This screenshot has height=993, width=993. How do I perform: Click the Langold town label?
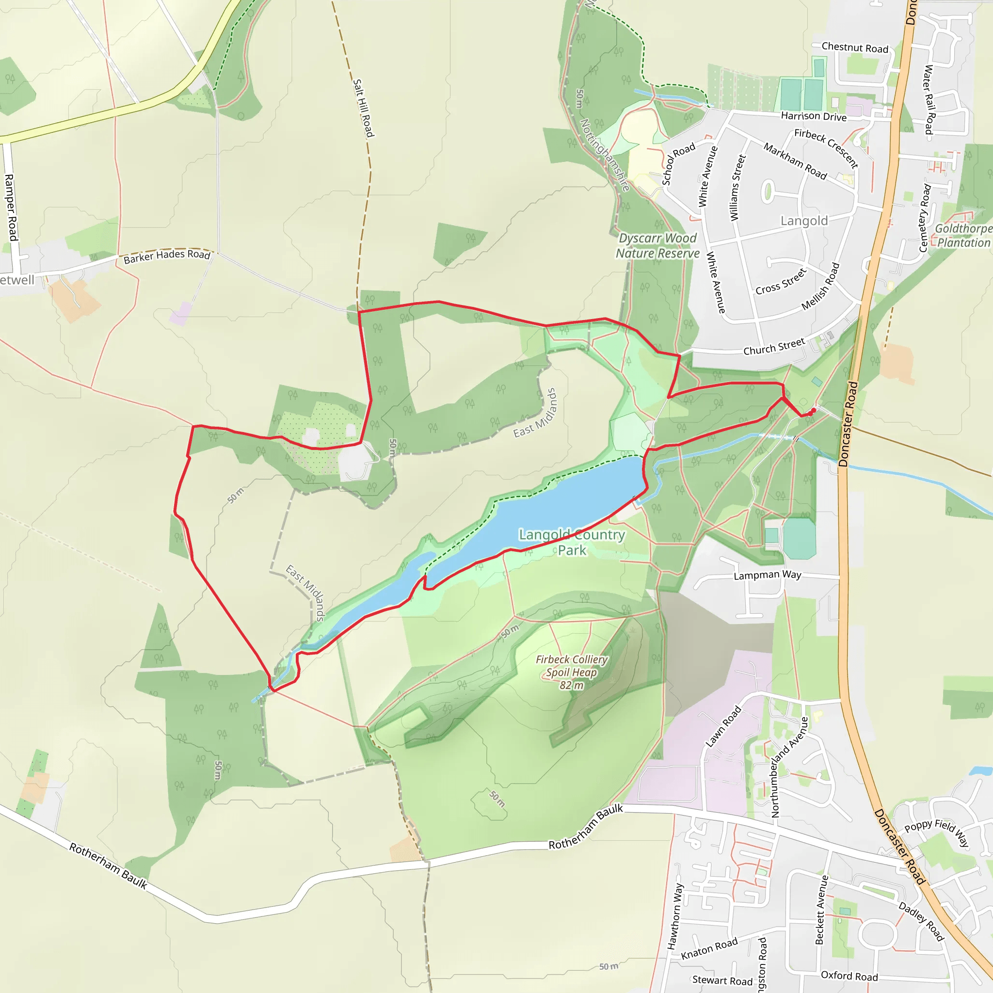point(804,221)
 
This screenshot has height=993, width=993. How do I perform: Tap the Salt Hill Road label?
point(363,108)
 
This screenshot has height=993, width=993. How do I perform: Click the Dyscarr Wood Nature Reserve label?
point(657,246)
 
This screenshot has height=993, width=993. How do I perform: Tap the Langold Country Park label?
point(572,542)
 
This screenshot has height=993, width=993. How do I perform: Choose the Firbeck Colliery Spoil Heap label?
point(572,672)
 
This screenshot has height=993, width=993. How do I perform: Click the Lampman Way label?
point(767,575)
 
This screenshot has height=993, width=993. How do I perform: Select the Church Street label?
point(774,347)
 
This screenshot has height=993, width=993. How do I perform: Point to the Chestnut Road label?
point(855,48)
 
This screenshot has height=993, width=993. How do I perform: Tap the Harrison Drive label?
point(814,116)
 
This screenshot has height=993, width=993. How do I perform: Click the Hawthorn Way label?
point(675,916)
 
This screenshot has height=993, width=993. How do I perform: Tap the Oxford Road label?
point(849,976)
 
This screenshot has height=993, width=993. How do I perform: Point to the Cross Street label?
point(781,282)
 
